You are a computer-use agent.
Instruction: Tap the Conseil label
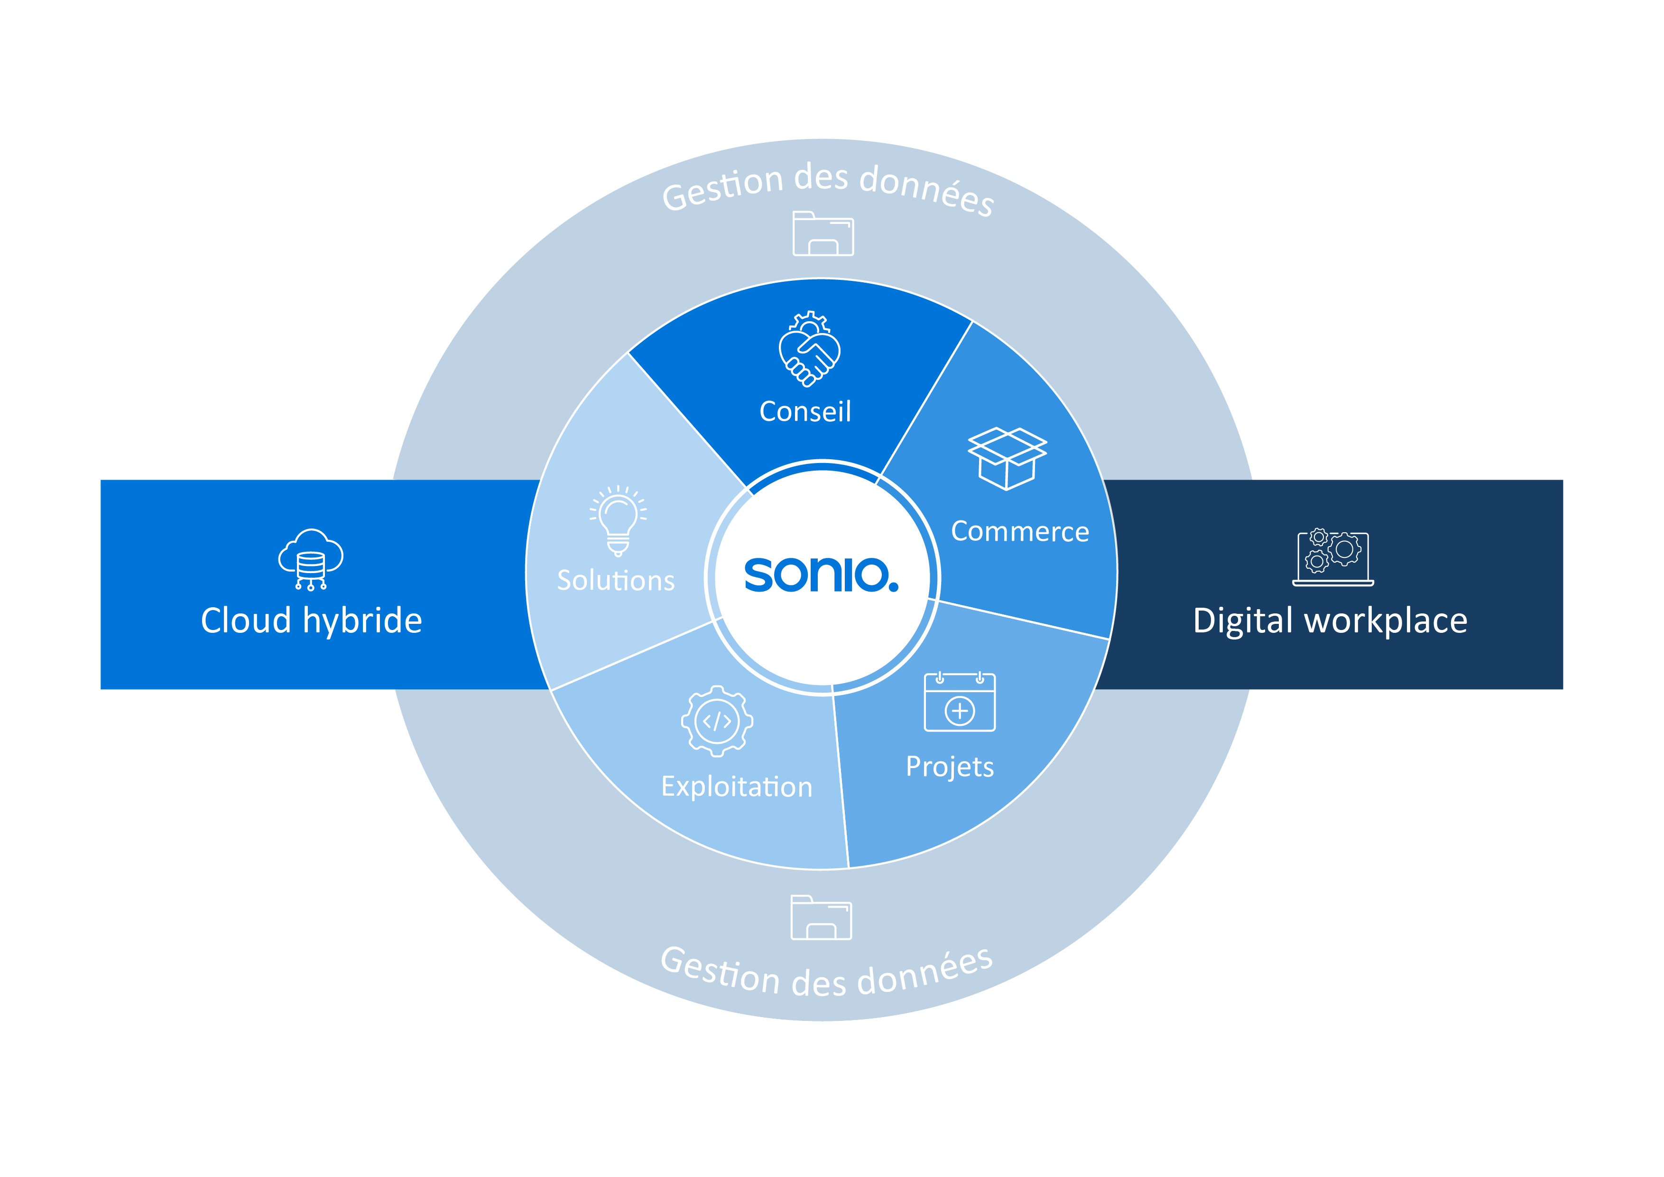(805, 412)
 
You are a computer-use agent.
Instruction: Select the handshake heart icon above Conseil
(810, 350)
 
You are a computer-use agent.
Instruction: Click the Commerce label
(1020, 532)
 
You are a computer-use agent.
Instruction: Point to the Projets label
(950, 767)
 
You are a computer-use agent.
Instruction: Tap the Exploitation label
(736, 787)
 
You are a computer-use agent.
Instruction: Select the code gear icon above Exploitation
(717, 721)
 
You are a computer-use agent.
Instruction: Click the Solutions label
(615, 581)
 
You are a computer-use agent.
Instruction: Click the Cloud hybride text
(312, 621)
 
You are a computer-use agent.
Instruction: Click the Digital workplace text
(1330, 621)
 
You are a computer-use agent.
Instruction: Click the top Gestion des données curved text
(828, 185)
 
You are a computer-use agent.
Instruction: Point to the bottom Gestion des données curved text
(826, 973)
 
